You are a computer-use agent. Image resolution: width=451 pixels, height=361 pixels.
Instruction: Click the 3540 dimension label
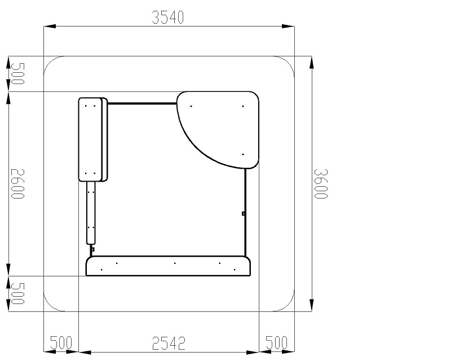[167, 17]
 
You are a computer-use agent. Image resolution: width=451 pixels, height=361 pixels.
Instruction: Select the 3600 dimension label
[320, 184]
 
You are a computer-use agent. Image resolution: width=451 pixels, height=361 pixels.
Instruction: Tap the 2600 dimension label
[17, 184]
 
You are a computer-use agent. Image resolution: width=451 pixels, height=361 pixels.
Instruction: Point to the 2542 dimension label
[169, 343]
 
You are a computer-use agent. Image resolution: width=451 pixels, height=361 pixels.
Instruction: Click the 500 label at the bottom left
[61, 342]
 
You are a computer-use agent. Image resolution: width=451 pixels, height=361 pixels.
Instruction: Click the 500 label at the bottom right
[276, 342]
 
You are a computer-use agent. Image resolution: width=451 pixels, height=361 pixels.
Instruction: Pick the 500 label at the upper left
[17, 74]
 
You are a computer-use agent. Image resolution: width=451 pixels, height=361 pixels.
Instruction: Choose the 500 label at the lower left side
[17, 294]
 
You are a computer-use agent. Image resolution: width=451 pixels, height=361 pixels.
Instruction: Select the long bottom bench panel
[168, 266]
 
